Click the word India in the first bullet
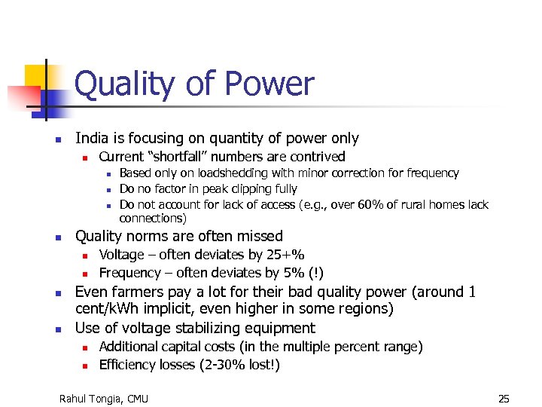[92, 139]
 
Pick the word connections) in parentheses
[153, 219]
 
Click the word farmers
[135, 292]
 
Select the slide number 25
[504, 398]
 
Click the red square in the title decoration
[23, 98]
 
